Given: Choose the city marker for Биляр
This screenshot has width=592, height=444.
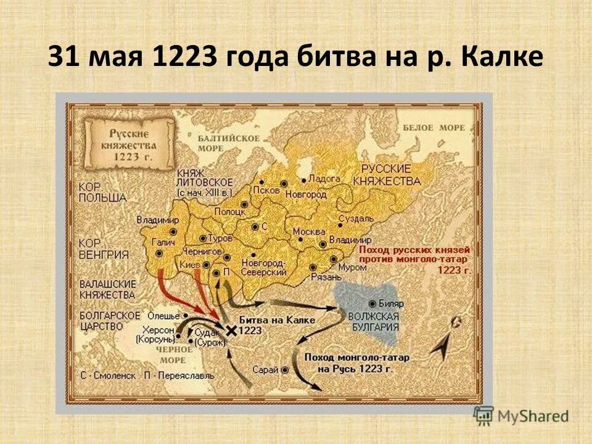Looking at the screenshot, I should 372,304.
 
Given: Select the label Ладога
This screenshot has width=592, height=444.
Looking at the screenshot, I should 324,178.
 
